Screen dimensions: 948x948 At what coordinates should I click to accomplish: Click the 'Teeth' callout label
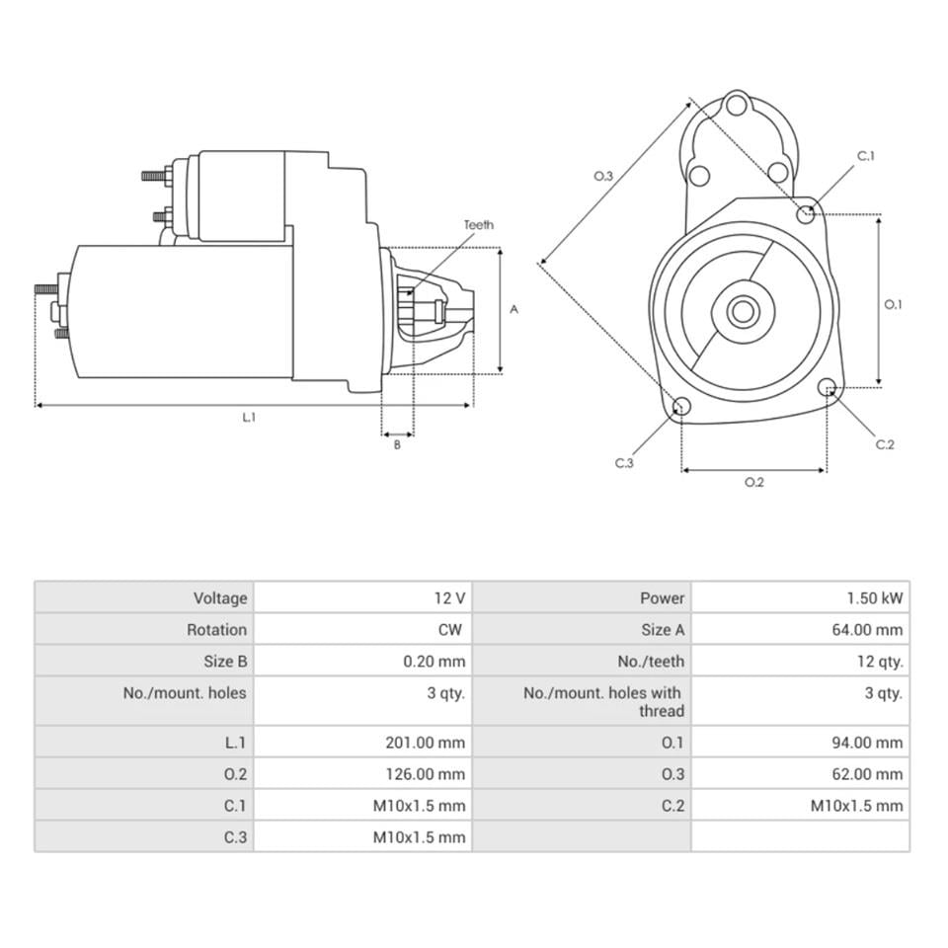coord(479,225)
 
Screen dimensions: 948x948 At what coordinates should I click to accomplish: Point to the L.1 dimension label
coord(250,418)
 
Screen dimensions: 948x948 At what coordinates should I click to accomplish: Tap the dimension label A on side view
coord(513,309)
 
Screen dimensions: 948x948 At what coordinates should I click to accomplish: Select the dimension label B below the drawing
coord(397,445)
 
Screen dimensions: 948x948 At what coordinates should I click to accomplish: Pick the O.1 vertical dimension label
coord(893,304)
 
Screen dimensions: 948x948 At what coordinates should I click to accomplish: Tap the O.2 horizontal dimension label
coord(753,483)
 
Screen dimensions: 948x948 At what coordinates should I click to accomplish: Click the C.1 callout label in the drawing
coord(866,156)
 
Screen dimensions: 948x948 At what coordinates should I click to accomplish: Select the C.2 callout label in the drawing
coord(885,444)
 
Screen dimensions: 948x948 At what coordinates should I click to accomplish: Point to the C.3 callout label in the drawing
coord(624,463)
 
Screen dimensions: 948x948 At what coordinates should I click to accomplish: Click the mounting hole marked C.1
coord(807,212)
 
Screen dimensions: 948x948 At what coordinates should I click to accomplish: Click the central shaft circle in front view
coord(743,312)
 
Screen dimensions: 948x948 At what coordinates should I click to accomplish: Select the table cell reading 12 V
coord(448,597)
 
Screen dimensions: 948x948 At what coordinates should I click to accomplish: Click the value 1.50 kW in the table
coord(873,597)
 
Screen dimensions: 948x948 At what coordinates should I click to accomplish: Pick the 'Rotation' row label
coord(216,629)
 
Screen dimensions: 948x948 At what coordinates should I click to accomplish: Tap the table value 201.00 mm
coord(425,743)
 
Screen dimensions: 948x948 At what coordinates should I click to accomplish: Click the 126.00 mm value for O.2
coord(425,774)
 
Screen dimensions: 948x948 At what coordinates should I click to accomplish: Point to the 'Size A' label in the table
coord(662,629)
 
